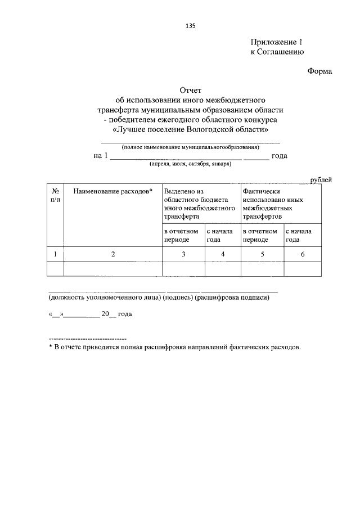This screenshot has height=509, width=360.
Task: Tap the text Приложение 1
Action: (x=277, y=42)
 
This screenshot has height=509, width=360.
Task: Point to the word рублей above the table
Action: (x=321, y=179)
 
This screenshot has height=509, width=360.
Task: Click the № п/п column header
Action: (x=55, y=195)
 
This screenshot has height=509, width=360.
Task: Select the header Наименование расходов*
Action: (x=112, y=191)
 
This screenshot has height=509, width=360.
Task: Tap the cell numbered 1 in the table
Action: (x=55, y=254)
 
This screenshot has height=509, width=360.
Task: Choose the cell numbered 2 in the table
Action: (x=112, y=254)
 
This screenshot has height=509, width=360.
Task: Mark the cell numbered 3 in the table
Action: (x=183, y=254)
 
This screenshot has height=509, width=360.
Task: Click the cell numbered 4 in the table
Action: (x=223, y=254)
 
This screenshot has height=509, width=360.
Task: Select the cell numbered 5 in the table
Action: (x=262, y=254)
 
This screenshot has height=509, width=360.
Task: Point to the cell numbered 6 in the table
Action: (x=303, y=254)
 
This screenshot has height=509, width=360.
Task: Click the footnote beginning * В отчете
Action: (x=175, y=347)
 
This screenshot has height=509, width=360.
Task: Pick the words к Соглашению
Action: (x=277, y=52)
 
